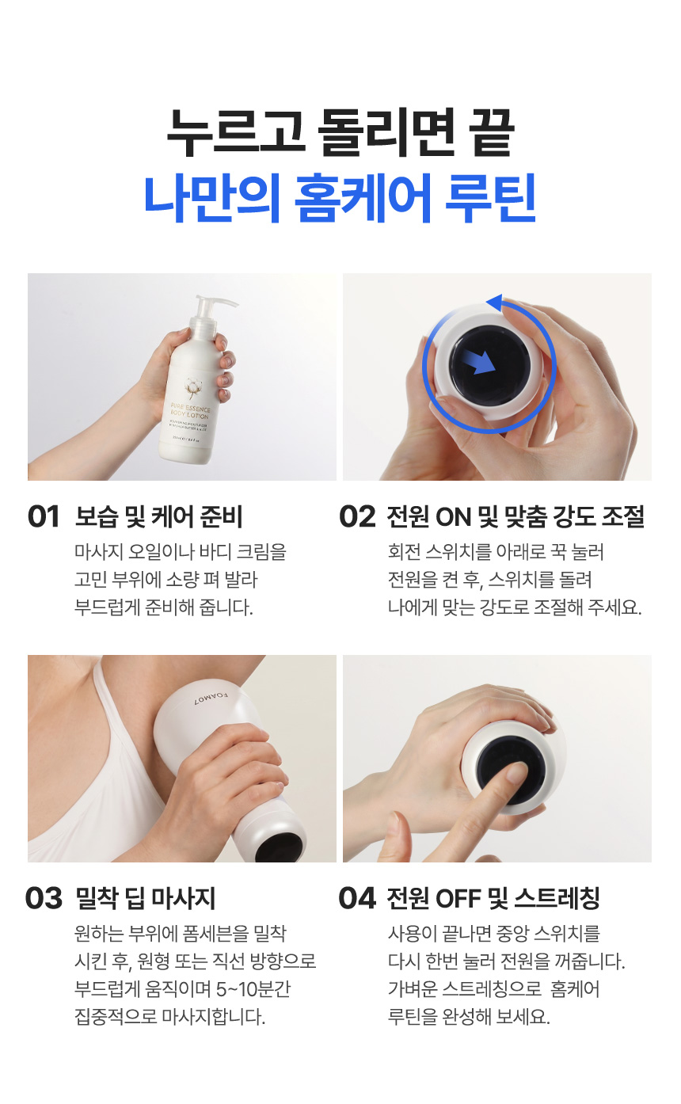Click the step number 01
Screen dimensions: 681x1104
[44, 517]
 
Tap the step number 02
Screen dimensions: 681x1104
[357, 517]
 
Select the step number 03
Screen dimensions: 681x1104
[44, 898]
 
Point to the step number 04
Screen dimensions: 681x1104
[357, 898]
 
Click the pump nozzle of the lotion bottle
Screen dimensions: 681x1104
[216, 302]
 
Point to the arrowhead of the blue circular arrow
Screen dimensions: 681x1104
[494, 302]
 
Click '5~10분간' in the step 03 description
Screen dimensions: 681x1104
[253, 988]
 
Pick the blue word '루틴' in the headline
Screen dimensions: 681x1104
[490, 197]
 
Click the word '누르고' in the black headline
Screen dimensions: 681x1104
[236, 132]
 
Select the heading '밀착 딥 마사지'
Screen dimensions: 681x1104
[146, 898]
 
